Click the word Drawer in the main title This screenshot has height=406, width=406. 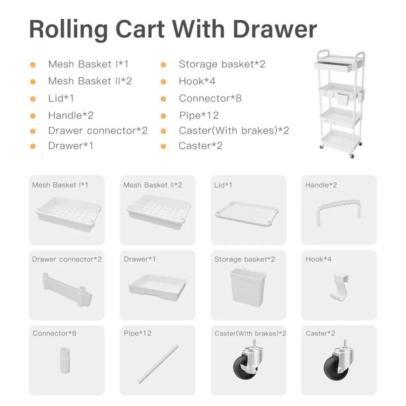pos(275,29)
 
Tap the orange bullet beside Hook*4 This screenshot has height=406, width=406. pos(163,82)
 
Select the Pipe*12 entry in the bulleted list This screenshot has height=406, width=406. pos(199,115)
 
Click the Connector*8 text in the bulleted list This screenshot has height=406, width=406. pos(210,98)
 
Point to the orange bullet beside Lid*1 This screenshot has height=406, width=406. pos(33,99)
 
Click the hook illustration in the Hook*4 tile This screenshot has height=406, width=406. pos(340,287)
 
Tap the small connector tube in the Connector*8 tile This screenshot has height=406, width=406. pos(65,360)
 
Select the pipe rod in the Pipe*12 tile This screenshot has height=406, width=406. pos(158,364)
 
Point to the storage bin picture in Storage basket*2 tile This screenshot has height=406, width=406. pos(248,287)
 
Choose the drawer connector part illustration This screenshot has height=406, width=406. pos(67,289)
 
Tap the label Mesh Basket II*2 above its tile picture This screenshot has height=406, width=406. pos(153,185)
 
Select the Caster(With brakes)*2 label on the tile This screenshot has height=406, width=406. pos(250,333)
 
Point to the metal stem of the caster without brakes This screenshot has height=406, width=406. pos(345,344)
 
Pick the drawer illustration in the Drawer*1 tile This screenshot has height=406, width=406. pos(157,287)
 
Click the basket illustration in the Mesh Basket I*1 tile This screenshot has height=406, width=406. pos(68,214)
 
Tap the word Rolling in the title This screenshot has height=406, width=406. pos(69,30)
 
